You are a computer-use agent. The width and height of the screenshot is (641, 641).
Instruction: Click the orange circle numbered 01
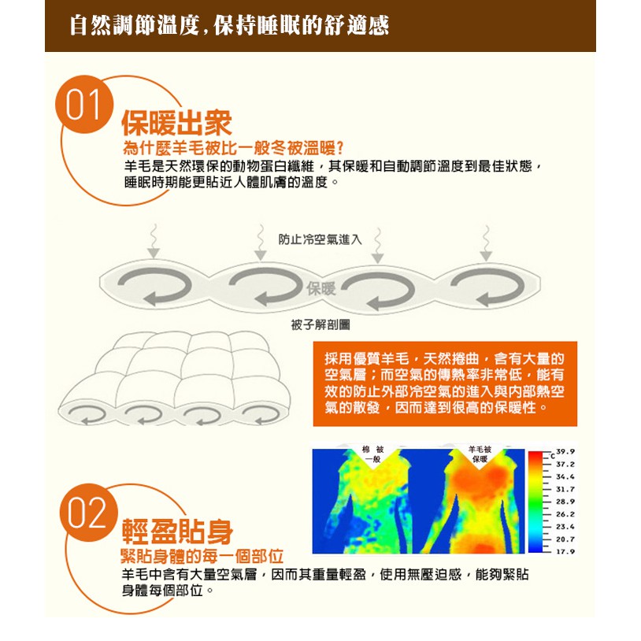pyautogui.click(x=84, y=104)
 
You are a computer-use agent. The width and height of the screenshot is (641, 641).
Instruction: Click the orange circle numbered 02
pyautogui.click(x=88, y=513)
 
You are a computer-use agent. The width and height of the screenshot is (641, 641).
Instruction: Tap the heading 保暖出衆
pyautogui.click(x=176, y=123)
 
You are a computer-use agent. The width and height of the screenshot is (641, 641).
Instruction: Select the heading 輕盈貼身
pyautogui.click(x=177, y=532)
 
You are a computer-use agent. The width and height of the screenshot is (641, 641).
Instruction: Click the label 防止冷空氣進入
pyautogui.click(x=320, y=239)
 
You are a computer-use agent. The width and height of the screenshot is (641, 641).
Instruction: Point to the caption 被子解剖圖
pyautogui.click(x=320, y=325)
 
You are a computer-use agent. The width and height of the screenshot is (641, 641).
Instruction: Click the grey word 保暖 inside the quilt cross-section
pyautogui.click(x=321, y=289)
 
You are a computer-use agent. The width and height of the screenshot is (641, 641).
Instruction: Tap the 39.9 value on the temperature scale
pyautogui.click(x=565, y=452)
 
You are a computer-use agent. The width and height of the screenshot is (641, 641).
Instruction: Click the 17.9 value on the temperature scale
pyautogui.click(x=565, y=551)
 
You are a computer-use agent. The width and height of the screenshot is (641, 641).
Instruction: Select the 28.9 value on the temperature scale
pyautogui.click(x=565, y=502)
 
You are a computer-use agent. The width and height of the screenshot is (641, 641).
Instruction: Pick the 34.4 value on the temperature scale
pyautogui.click(x=565, y=476)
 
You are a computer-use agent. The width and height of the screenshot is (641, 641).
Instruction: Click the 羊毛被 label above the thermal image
pyautogui.click(x=480, y=450)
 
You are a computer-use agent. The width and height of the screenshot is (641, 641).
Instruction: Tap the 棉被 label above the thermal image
pyautogui.click(x=372, y=450)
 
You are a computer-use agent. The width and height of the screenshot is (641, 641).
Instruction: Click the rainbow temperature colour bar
pyautogui.click(x=535, y=502)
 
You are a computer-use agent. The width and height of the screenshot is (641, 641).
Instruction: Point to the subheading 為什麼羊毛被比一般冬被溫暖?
pyautogui.click(x=233, y=148)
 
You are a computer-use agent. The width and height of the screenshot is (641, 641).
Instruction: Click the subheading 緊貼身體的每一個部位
pyautogui.click(x=202, y=556)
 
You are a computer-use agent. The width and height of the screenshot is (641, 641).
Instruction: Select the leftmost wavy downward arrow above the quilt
pyautogui.click(x=154, y=241)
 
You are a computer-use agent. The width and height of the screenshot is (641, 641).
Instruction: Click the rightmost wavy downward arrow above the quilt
pyautogui.click(x=486, y=243)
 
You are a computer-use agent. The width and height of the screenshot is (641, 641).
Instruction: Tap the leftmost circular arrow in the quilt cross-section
pyautogui.click(x=154, y=287)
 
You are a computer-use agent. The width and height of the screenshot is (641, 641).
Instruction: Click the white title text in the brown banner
pyautogui.click(x=229, y=25)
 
